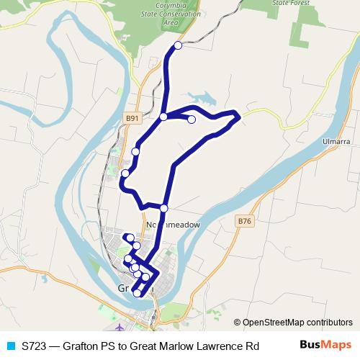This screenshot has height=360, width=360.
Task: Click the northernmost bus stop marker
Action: pyautogui.click(x=178, y=45)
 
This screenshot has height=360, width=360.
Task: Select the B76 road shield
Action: pyautogui.click(x=246, y=222)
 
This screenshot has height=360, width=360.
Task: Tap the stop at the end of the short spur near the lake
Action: pyautogui.click(x=192, y=120)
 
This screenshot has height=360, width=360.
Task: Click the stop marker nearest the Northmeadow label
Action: pyautogui.click(x=163, y=208)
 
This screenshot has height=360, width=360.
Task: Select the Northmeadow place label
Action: pyautogui.click(x=174, y=225)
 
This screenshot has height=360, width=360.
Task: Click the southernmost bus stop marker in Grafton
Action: pyautogui.click(x=137, y=292)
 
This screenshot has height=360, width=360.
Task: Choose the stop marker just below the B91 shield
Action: pyautogui.click(x=135, y=151)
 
